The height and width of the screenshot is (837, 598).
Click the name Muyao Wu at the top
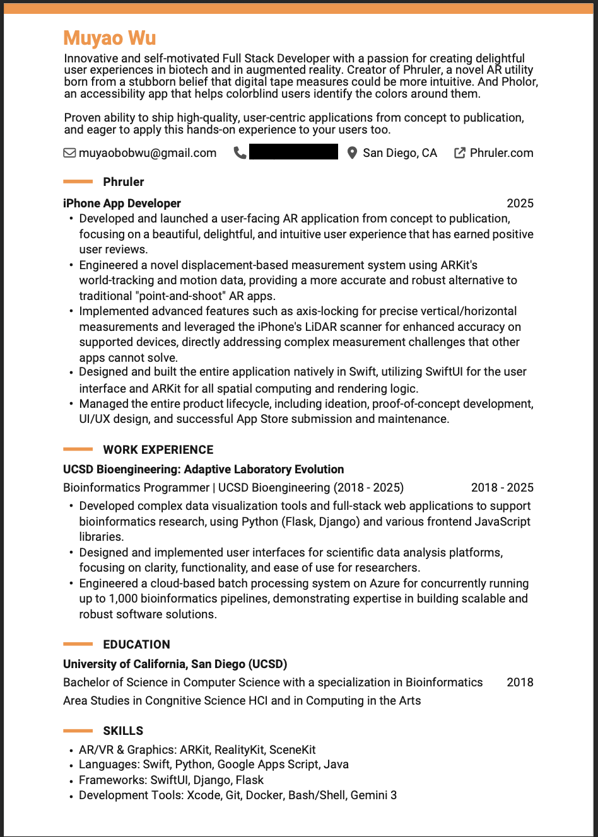(110, 38)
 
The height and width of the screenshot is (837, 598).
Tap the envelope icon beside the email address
(69, 153)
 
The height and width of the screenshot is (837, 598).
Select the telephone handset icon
(240, 153)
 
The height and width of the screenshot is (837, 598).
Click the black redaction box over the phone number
(293, 152)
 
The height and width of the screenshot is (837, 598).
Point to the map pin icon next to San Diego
(352, 153)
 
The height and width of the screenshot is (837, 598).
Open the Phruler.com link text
(501, 153)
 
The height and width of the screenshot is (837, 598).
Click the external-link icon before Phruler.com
(460, 153)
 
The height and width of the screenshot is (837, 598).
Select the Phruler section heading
(124, 182)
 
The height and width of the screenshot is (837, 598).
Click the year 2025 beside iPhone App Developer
(520, 204)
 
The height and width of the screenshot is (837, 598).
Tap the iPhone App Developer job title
(122, 204)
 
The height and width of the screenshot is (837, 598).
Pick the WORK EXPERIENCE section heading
(158, 450)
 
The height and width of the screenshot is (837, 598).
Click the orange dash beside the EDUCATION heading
(78, 644)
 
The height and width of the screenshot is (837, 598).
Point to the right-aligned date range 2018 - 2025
(502, 488)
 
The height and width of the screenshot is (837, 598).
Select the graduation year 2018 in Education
(520, 683)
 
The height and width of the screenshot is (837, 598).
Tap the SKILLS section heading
(123, 731)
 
